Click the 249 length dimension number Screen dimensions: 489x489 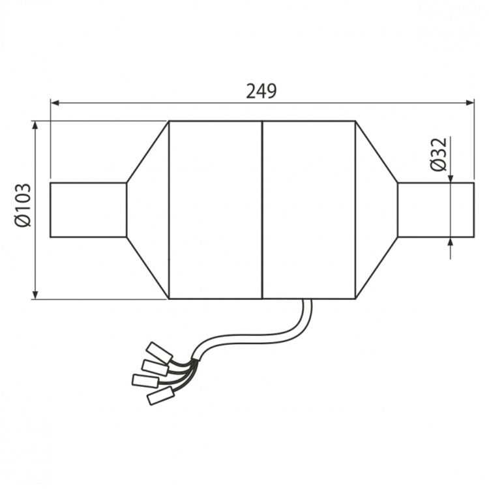click(x=262, y=91)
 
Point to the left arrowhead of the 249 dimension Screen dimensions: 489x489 click(x=55, y=103)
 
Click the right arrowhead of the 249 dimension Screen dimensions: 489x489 click(x=469, y=103)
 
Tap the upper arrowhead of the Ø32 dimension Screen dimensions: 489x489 click(x=451, y=178)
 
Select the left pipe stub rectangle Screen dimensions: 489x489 click(x=88, y=209)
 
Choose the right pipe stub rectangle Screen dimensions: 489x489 click(x=435, y=209)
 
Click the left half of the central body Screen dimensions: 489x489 click(x=215, y=209)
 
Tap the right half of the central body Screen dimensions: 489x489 click(x=307, y=209)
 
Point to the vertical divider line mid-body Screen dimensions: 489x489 click(x=261, y=209)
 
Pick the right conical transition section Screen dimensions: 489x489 click(x=377, y=209)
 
